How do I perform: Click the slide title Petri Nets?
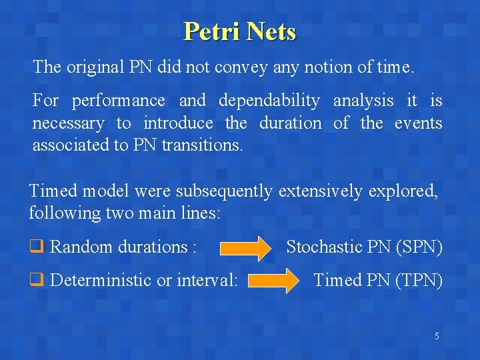point(239,31)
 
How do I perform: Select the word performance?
point(118,101)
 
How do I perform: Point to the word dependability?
point(269,101)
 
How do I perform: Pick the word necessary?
point(68,123)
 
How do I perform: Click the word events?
point(418,123)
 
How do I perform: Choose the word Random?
point(81,247)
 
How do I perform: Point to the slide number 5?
point(437,336)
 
